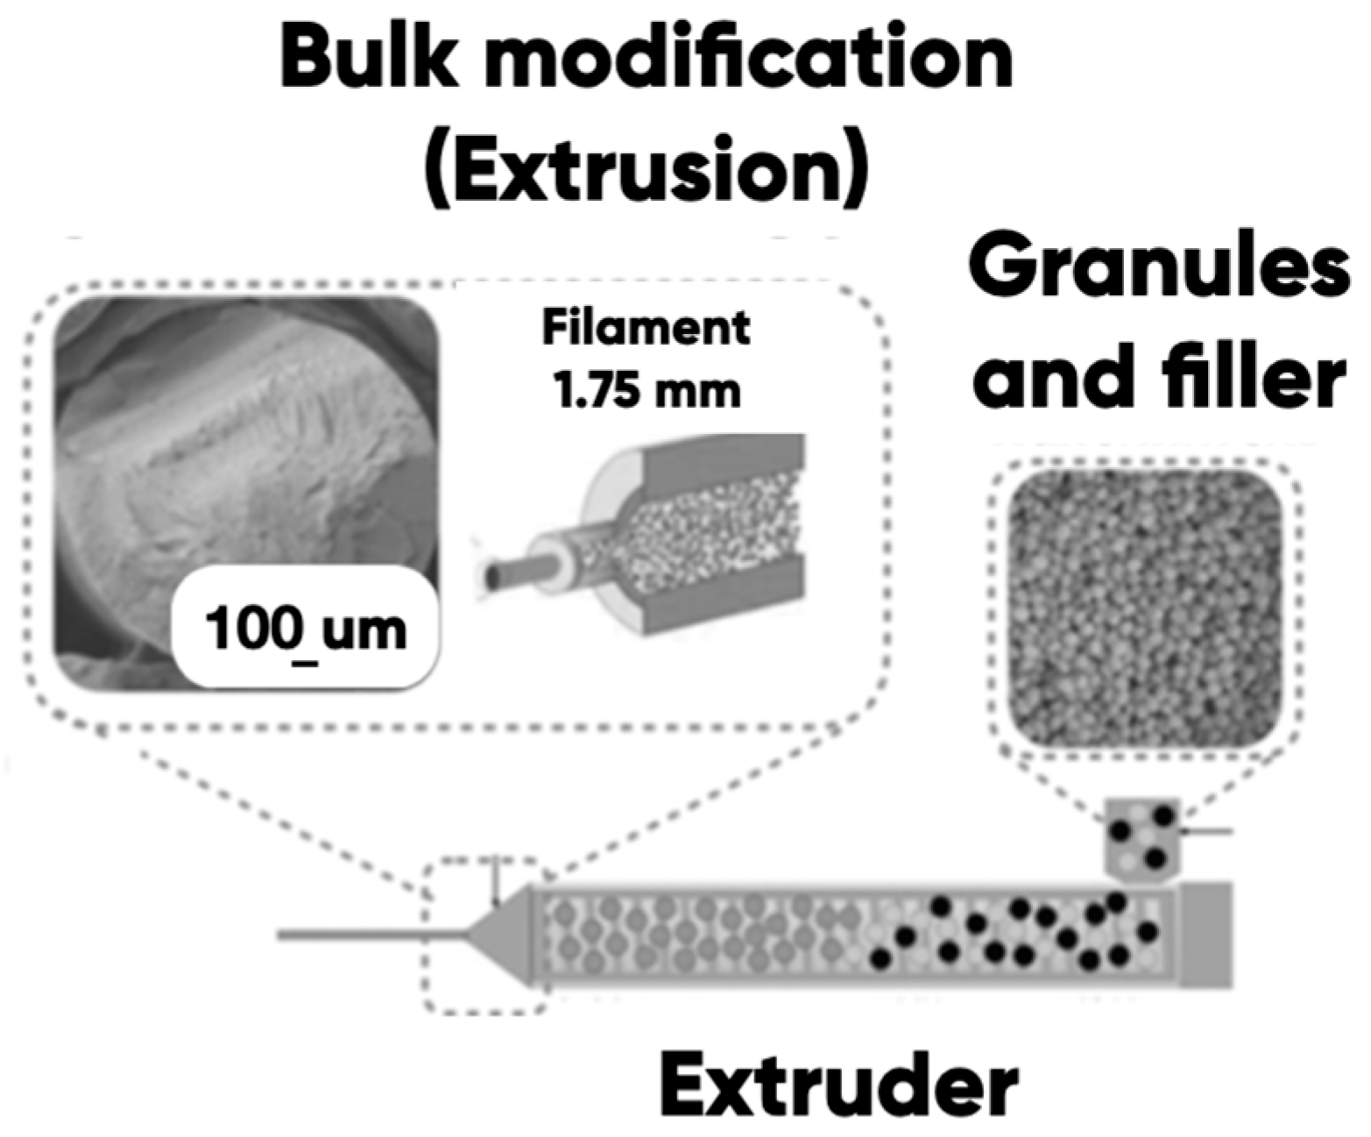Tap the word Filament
[x=646, y=329]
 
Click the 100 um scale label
[x=305, y=630]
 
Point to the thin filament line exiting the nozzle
[x=368, y=935]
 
